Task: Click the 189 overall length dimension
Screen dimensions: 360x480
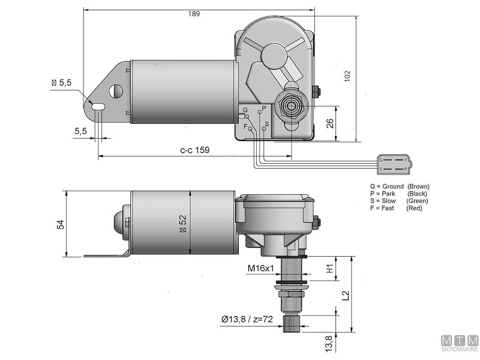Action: click(193, 14)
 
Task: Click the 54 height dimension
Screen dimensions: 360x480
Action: click(59, 224)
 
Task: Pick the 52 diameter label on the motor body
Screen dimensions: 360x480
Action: click(181, 223)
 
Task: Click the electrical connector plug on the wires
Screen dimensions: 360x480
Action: click(394, 164)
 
